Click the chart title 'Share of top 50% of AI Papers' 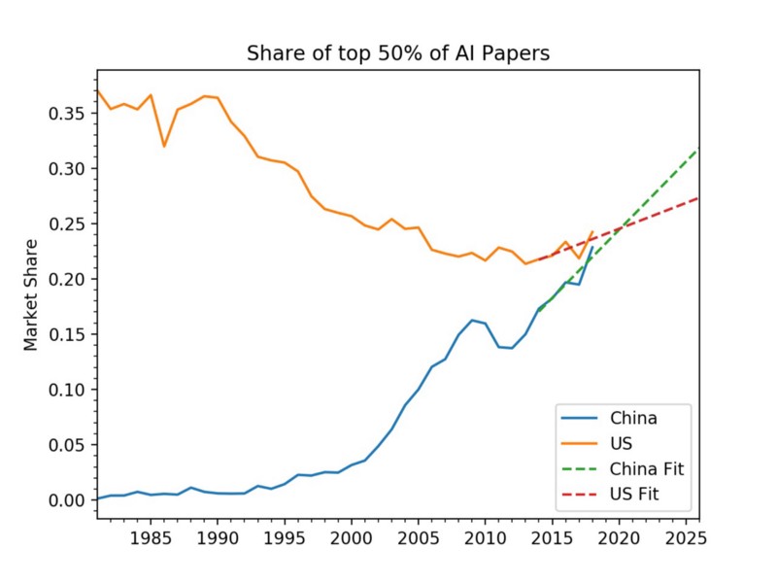pos(398,52)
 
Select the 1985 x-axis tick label pos(151,537)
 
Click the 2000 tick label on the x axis pos(352,537)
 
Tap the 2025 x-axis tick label pos(686,537)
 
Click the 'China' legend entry pos(633,419)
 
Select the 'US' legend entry pos(622,444)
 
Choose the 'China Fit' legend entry pos(647,469)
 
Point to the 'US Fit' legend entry pos(635,495)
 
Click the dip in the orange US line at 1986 pos(164,147)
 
